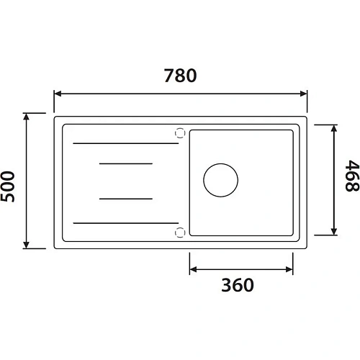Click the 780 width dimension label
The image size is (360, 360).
(x=181, y=76)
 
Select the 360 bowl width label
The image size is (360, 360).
(x=238, y=285)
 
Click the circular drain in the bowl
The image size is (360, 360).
(x=220, y=180)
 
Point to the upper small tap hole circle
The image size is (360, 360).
(x=179, y=132)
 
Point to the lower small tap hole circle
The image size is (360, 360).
(x=179, y=231)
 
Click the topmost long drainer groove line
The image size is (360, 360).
(x=126, y=144)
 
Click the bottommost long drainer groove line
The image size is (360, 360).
(x=126, y=223)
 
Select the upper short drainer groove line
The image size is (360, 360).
(x=126, y=164)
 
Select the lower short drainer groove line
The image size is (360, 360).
(x=126, y=197)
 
